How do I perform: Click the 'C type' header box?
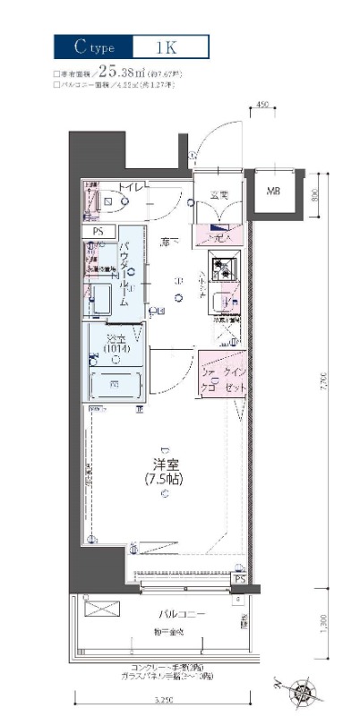pos(93,47)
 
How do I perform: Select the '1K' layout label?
pos(170,47)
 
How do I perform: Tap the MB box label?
pos(272,192)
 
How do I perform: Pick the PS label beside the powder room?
pos(98,231)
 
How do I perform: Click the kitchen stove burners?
pos(223,266)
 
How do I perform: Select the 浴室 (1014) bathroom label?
pos(116,344)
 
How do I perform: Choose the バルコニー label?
pos(158,615)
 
